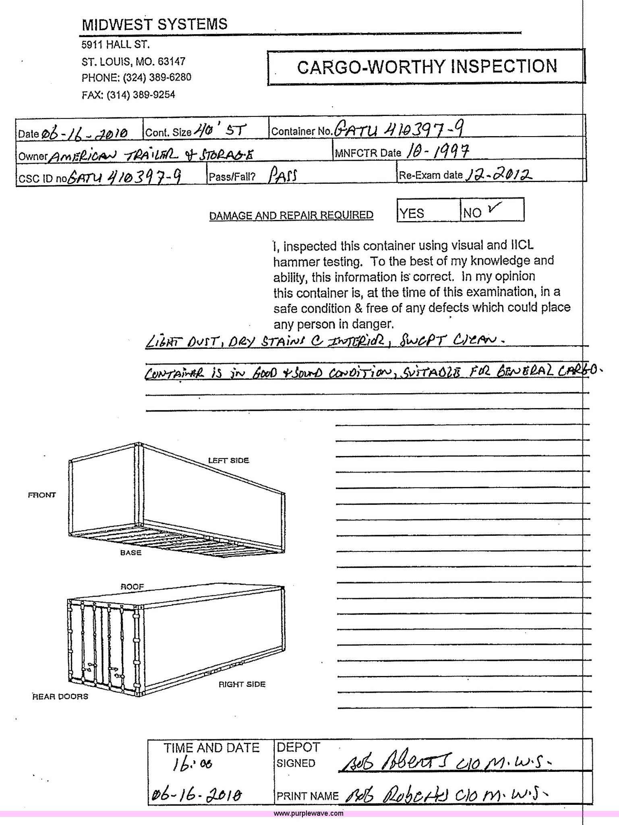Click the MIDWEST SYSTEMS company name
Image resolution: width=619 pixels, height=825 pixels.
(x=155, y=25)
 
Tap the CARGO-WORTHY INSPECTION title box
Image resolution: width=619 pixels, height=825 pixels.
(x=426, y=67)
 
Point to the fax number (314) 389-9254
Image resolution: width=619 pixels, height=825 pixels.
(x=128, y=95)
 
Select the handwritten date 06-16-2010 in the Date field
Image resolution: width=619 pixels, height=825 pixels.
(x=84, y=132)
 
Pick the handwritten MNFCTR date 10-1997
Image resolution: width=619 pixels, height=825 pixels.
(x=438, y=151)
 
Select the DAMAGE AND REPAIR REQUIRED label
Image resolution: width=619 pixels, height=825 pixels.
(x=291, y=216)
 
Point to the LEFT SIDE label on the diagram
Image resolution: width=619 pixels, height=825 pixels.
(x=228, y=460)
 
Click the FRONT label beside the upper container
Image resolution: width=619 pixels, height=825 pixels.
(x=42, y=495)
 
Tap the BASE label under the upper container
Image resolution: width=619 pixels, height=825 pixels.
(x=131, y=553)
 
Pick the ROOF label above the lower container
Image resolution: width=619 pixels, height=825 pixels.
(x=132, y=587)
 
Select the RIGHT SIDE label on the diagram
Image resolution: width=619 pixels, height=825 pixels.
(x=242, y=684)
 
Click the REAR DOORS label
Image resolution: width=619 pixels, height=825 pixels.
(x=60, y=696)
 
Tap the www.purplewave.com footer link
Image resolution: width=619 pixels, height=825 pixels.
(x=309, y=813)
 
